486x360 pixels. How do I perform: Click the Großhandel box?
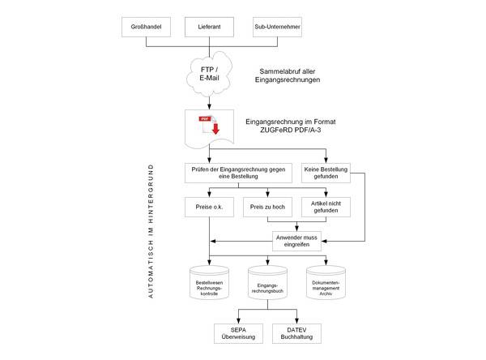146,28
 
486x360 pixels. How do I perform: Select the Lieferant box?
210,28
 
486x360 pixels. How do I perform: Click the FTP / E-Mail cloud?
210,75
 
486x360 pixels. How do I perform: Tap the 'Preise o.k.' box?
210,207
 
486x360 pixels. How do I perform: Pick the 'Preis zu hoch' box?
267,207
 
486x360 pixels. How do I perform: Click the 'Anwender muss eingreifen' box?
296,239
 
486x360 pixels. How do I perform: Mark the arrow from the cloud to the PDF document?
210,101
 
